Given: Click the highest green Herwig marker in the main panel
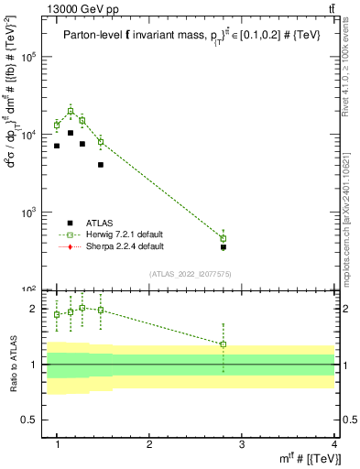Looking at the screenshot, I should click(71, 111).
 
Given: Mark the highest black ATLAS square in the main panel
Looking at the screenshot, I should click(71, 133).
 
